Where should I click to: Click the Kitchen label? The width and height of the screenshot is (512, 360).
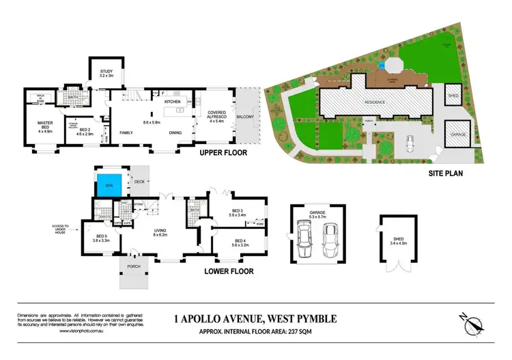tap(172, 102)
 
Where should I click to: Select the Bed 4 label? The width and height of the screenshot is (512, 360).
tap(240, 242)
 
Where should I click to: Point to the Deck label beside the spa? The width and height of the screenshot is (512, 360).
tap(139, 182)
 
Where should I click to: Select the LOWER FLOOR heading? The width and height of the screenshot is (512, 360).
tap(229, 271)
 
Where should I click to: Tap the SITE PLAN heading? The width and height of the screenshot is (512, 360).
tap(446, 174)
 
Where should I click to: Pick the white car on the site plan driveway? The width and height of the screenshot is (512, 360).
tap(410, 143)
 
